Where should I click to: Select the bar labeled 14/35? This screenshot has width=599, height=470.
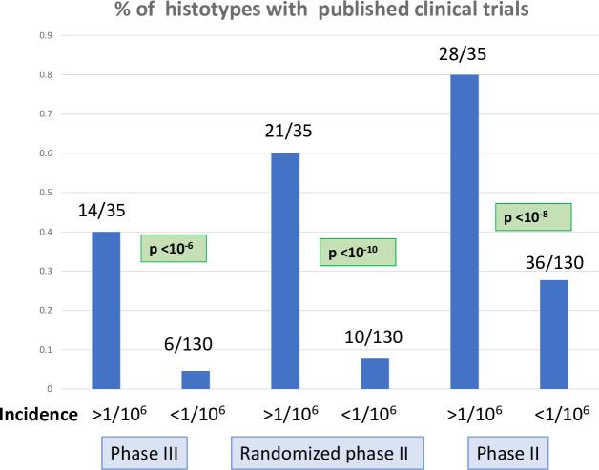[106, 310]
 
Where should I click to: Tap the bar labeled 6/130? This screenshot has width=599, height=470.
[196, 379]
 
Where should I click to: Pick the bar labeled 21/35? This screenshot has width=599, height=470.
[285, 271]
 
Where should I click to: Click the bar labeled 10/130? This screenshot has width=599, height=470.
[375, 374]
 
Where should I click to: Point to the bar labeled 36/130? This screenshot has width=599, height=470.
[554, 335]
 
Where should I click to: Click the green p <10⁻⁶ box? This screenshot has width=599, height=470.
[174, 248]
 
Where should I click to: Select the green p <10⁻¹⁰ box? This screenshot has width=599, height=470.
[356, 253]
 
